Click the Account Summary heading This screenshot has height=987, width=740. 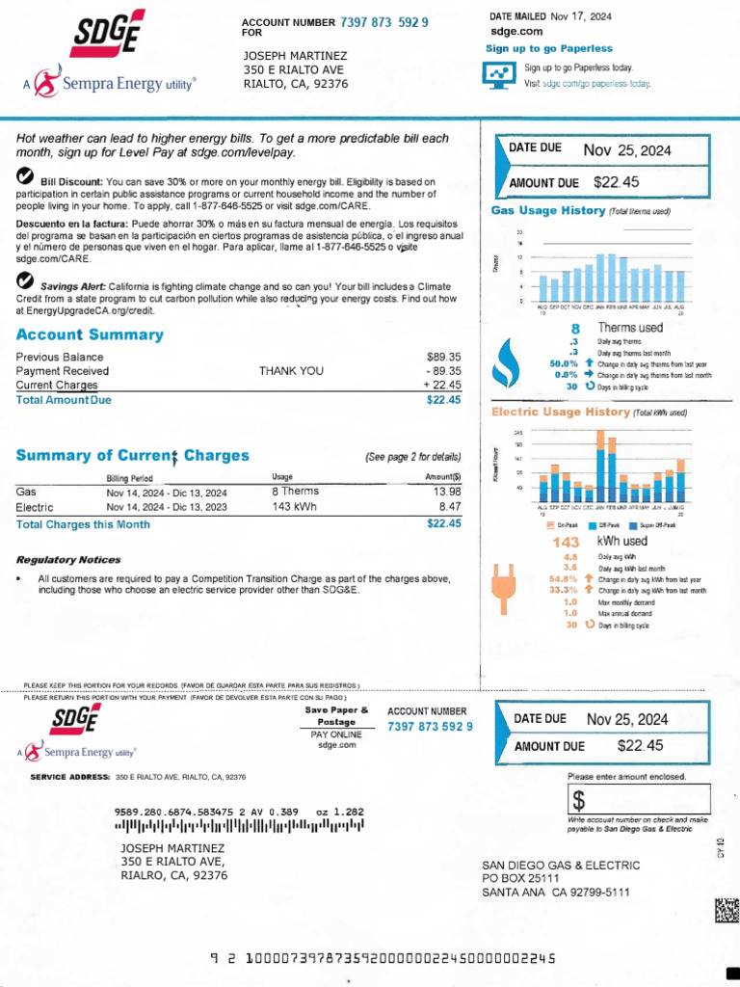pos(90,334)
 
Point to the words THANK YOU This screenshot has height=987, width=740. pos(291,370)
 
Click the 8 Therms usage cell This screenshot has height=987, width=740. pos(295,492)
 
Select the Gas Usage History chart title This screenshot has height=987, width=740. pos(547,210)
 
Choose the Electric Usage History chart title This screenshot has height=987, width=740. pos(560,412)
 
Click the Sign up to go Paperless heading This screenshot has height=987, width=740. pos(548,48)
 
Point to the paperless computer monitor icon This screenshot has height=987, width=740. pos(499,75)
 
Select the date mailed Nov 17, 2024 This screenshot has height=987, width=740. pos(581,17)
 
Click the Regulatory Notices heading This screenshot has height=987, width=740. pos(68,559)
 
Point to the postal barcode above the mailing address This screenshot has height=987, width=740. pos(239,826)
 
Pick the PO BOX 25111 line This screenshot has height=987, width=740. pos(520,878)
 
